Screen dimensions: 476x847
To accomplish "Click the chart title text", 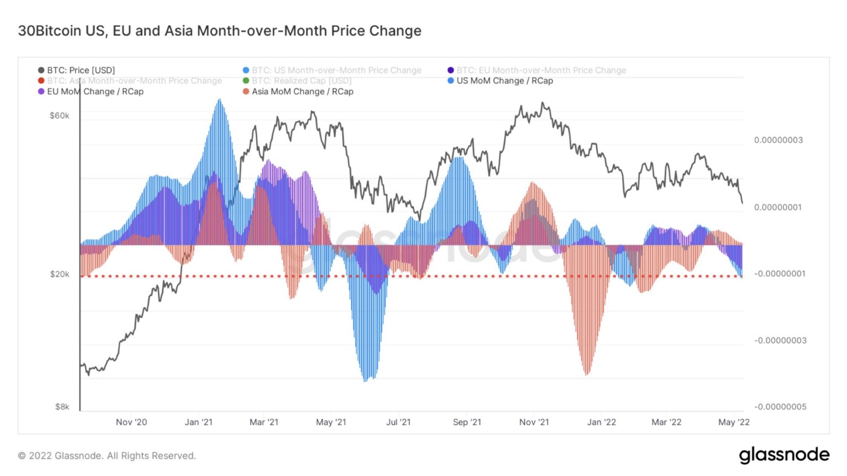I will click(220, 31).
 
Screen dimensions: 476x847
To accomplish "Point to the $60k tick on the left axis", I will click(60, 116).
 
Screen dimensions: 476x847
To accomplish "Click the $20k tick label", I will click(60, 274).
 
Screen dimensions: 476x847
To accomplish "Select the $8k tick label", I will click(62, 407).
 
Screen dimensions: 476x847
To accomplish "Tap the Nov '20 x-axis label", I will click(131, 422).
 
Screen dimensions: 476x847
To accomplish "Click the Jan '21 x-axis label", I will click(198, 422).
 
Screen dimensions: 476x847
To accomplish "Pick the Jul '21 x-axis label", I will click(399, 422).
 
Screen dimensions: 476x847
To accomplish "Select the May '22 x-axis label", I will click(734, 422).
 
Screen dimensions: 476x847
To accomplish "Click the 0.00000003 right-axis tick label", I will click(778, 140).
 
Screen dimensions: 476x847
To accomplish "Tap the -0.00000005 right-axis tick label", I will click(780, 407).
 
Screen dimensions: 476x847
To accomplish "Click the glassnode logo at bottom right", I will click(784, 455).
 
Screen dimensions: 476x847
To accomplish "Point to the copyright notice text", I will click(107, 455).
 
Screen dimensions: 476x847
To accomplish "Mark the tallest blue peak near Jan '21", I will click(220, 100).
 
